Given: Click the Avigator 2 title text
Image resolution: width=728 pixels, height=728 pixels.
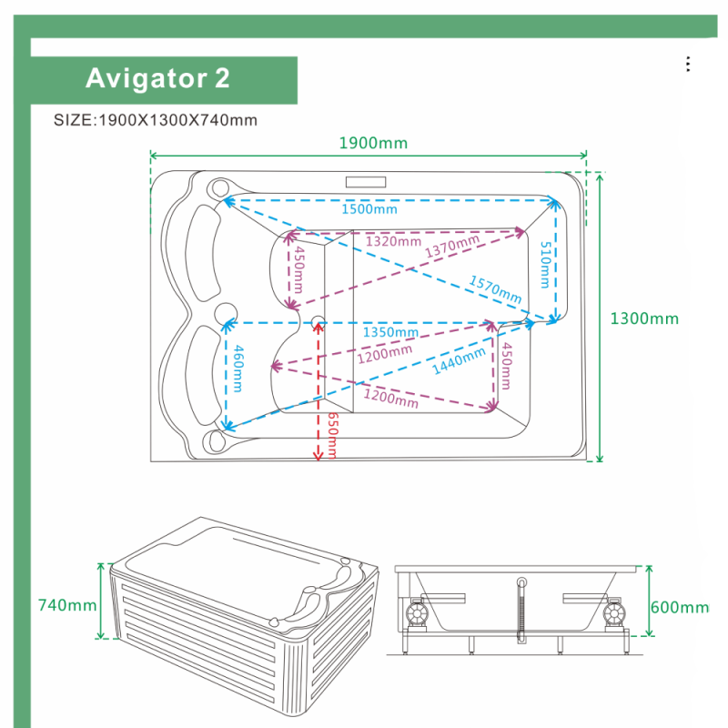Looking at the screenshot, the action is pyautogui.click(x=157, y=78).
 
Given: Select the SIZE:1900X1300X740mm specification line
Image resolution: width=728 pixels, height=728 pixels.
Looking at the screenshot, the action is pyautogui.click(x=155, y=120).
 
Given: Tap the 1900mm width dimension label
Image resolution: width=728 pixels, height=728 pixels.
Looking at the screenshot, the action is pyautogui.click(x=373, y=143).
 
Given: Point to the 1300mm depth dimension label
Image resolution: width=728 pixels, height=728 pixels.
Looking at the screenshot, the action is pyautogui.click(x=644, y=318).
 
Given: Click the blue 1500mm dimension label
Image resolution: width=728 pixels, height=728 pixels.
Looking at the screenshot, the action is pyautogui.click(x=369, y=209).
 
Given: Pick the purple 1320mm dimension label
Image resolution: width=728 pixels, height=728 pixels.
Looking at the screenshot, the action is pyautogui.click(x=393, y=241).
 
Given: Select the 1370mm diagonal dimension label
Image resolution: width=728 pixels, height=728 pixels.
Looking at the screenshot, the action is pyautogui.click(x=451, y=246).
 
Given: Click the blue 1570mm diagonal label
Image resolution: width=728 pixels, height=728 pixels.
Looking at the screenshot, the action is pyautogui.click(x=495, y=288).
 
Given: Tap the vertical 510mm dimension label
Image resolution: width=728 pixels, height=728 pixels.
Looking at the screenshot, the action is pyautogui.click(x=545, y=265).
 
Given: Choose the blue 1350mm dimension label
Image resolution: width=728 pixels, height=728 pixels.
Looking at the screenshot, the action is pyautogui.click(x=390, y=332).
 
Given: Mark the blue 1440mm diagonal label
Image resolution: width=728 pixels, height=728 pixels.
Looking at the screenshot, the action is pyautogui.click(x=459, y=360).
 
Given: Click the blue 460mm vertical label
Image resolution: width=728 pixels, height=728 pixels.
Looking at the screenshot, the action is pyautogui.click(x=238, y=369).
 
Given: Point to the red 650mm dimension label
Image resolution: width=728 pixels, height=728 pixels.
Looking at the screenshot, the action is pyautogui.click(x=332, y=436).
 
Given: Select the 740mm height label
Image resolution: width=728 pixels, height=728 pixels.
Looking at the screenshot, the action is pyautogui.click(x=67, y=605).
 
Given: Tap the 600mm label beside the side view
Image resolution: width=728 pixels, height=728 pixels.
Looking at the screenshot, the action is pyautogui.click(x=679, y=607).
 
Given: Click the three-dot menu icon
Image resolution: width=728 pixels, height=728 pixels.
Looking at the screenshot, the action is pyautogui.click(x=688, y=64).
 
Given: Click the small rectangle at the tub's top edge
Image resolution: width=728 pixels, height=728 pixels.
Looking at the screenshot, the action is pyautogui.click(x=366, y=182).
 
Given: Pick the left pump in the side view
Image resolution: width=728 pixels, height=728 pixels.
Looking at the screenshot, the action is pyautogui.click(x=416, y=612).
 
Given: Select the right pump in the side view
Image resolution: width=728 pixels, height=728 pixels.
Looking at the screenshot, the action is pyautogui.click(x=614, y=612).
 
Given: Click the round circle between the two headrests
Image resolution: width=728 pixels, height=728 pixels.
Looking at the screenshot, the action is pyautogui.click(x=226, y=314).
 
